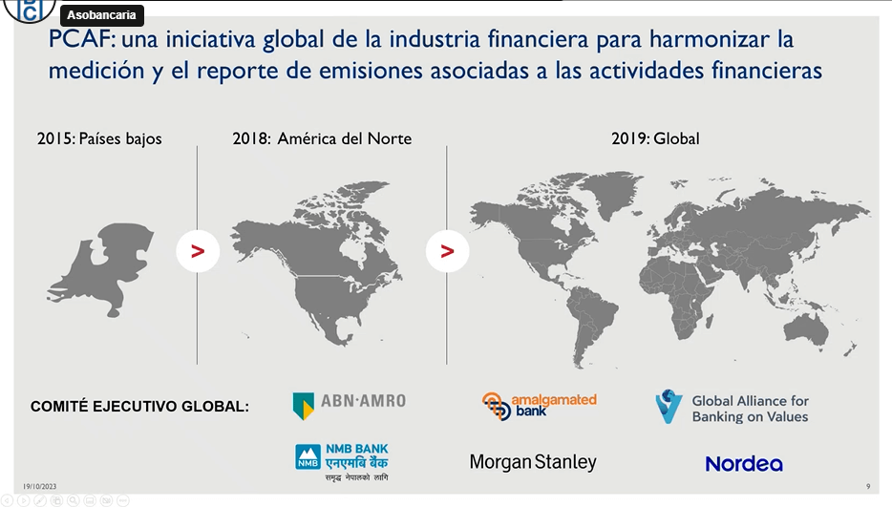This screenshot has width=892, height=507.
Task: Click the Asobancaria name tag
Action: (101, 14)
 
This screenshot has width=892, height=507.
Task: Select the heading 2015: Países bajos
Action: (99, 138)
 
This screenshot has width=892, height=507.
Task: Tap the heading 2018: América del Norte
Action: (322, 138)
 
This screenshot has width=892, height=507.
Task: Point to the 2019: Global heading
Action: (655, 138)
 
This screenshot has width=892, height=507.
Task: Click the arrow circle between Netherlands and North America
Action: (198, 251)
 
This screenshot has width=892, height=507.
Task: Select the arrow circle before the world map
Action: (448, 251)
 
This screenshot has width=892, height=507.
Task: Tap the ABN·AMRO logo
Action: (350, 405)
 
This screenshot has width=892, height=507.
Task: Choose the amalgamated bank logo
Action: (540, 406)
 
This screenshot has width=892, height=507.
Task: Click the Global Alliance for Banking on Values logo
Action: (732, 408)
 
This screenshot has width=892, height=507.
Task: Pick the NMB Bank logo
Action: (342, 461)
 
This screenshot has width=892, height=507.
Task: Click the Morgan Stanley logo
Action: (533, 462)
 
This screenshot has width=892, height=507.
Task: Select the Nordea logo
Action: (744, 464)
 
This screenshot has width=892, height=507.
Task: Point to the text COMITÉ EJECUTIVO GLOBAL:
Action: (140, 407)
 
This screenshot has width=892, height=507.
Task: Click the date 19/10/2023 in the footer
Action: (40, 487)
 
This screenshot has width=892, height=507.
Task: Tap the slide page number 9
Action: (868, 487)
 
